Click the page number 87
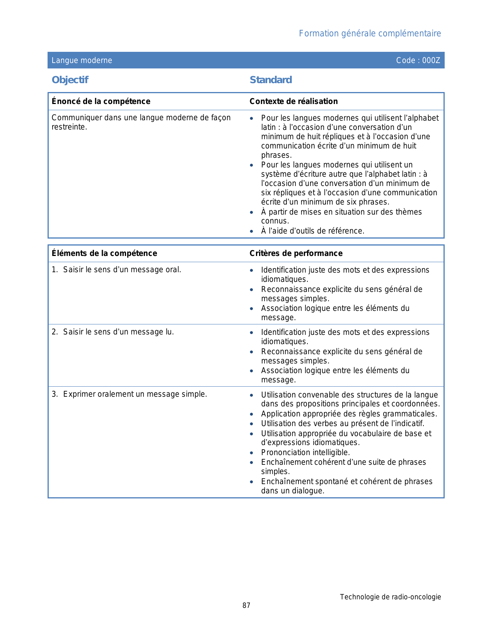(246, 606)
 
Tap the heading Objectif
(70, 80)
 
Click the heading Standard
(271, 80)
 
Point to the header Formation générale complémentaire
(370, 34)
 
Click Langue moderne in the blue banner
(82, 60)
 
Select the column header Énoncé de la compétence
(101, 101)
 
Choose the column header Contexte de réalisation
(293, 101)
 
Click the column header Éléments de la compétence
(104, 253)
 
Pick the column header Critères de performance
(296, 253)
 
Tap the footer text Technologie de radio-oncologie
(390, 597)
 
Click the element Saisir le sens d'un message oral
(122, 270)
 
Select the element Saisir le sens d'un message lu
(118, 332)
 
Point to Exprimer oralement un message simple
(135, 394)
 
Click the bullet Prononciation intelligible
(305, 452)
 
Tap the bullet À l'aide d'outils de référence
(312, 231)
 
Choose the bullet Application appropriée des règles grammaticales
(349, 414)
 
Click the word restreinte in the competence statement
(69, 127)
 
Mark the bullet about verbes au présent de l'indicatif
(343, 423)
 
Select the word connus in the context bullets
(275, 221)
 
